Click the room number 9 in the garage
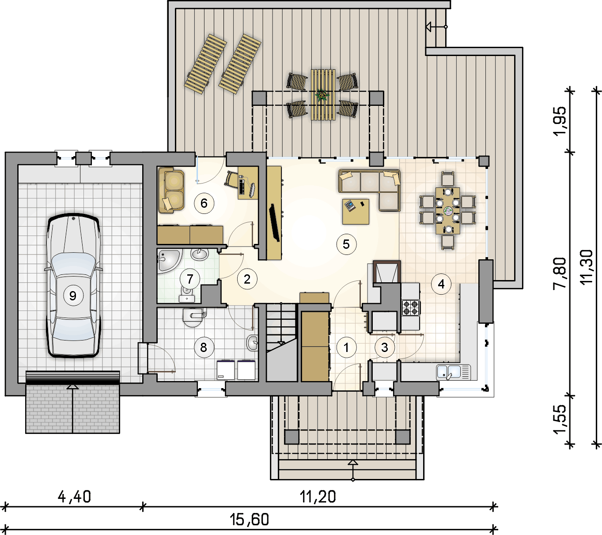point(73,296)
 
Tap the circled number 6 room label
point(204,203)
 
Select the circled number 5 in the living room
point(346,244)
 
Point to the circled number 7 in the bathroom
point(190,279)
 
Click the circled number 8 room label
point(204,347)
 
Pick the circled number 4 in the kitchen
point(441,284)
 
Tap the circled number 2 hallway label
point(247,279)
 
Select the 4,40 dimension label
point(74,497)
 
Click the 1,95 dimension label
point(560,121)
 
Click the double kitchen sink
point(454,372)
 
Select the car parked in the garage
point(73,285)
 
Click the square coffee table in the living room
point(356,212)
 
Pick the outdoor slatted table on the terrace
point(323,95)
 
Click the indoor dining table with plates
point(448,211)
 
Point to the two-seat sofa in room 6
point(171,190)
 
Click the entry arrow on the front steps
point(353,470)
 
